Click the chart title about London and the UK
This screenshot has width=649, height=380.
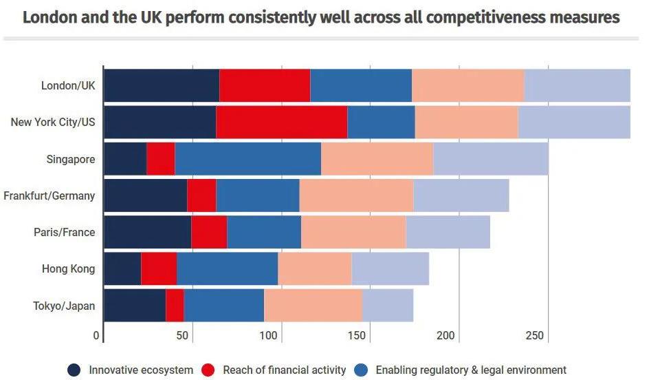tap(321, 17)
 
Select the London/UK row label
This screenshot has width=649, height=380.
tap(68, 86)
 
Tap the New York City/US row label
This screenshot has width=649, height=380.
tap(53, 123)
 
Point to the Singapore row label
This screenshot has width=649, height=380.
tap(69, 159)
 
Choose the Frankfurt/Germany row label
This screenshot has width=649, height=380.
tap(49, 196)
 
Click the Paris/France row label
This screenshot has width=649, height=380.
tap(64, 232)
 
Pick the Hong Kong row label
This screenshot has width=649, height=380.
tap(68, 268)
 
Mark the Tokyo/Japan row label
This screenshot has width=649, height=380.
tap(65, 306)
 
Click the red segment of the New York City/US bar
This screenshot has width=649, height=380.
tap(281, 123)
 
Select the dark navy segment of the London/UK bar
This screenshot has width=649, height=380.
tap(162, 86)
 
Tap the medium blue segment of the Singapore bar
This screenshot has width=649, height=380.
tap(247, 159)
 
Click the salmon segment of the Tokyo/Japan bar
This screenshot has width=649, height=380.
tap(313, 306)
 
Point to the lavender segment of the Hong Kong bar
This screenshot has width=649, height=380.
tap(390, 268)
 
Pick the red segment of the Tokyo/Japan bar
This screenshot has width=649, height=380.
tap(175, 306)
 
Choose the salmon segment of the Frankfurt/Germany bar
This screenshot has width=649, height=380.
tap(356, 196)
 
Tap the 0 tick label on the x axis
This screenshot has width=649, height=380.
tap(96, 336)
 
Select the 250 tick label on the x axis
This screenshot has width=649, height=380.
tap(535, 336)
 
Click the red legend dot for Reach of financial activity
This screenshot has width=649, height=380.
tap(208, 370)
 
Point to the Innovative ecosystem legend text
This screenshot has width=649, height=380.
tap(141, 370)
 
